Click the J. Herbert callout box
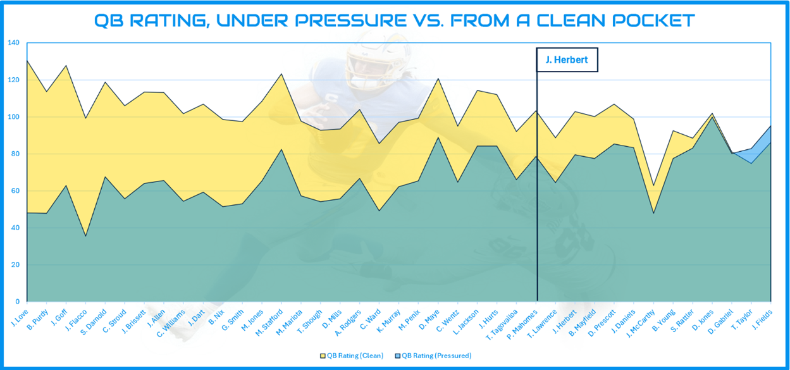point(567,60)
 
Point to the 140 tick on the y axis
point(14,43)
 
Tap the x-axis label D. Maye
point(431,316)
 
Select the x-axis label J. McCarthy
point(643,321)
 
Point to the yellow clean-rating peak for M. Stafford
point(281,74)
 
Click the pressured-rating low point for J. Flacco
point(85,236)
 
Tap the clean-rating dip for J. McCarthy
point(653,185)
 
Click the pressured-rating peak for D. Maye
point(439,137)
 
